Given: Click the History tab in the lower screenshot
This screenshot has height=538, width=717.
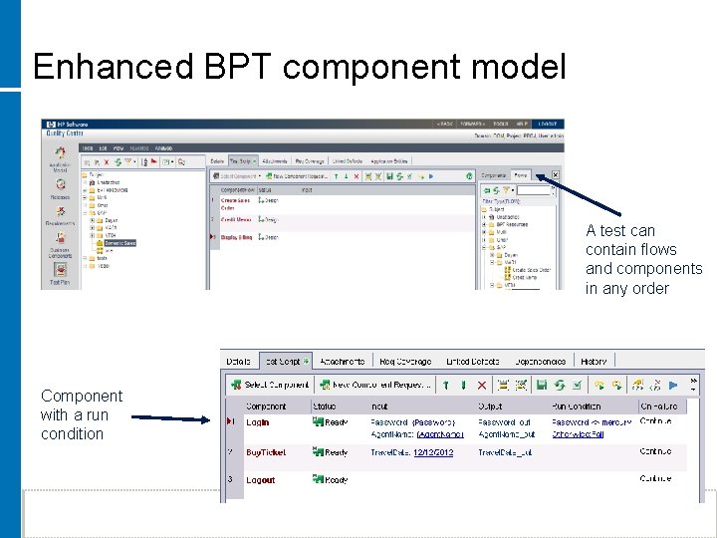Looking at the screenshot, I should (593, 361).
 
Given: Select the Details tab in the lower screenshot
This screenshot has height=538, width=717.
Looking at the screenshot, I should (238, 361).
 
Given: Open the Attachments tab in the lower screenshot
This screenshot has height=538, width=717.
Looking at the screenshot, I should (342, 361).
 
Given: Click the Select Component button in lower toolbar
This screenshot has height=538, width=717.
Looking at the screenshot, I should (270, 384).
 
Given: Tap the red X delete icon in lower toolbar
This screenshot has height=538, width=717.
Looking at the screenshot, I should (482, 384).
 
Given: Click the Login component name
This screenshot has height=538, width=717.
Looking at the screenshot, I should (257, 422).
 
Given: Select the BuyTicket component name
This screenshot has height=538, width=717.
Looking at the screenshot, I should (265, 452).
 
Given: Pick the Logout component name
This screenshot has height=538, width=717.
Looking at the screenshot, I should (260, 479).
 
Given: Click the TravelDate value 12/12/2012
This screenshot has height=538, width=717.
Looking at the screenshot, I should (433, 452).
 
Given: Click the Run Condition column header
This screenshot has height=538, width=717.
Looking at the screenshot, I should (577, 406).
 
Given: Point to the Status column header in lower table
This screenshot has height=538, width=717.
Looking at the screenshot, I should (325, 406).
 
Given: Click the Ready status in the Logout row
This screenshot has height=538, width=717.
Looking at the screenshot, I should (336, 479).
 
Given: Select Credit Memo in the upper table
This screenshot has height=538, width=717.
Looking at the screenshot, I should (236, 219).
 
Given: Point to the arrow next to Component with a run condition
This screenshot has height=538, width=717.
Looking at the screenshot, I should (169, 418).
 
